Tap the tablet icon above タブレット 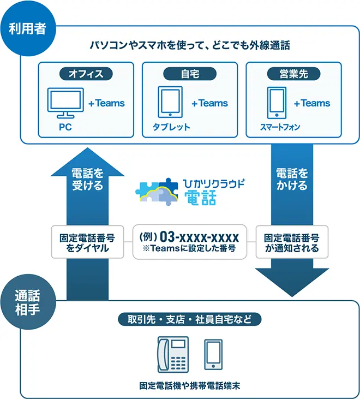coord(170,102)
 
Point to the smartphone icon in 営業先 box coord(276,103)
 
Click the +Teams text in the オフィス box coord(106,103)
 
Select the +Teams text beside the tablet coord(209,103)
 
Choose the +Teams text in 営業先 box coord(311,103)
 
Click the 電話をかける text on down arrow coord(292,180)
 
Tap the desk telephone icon coord(172,355)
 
